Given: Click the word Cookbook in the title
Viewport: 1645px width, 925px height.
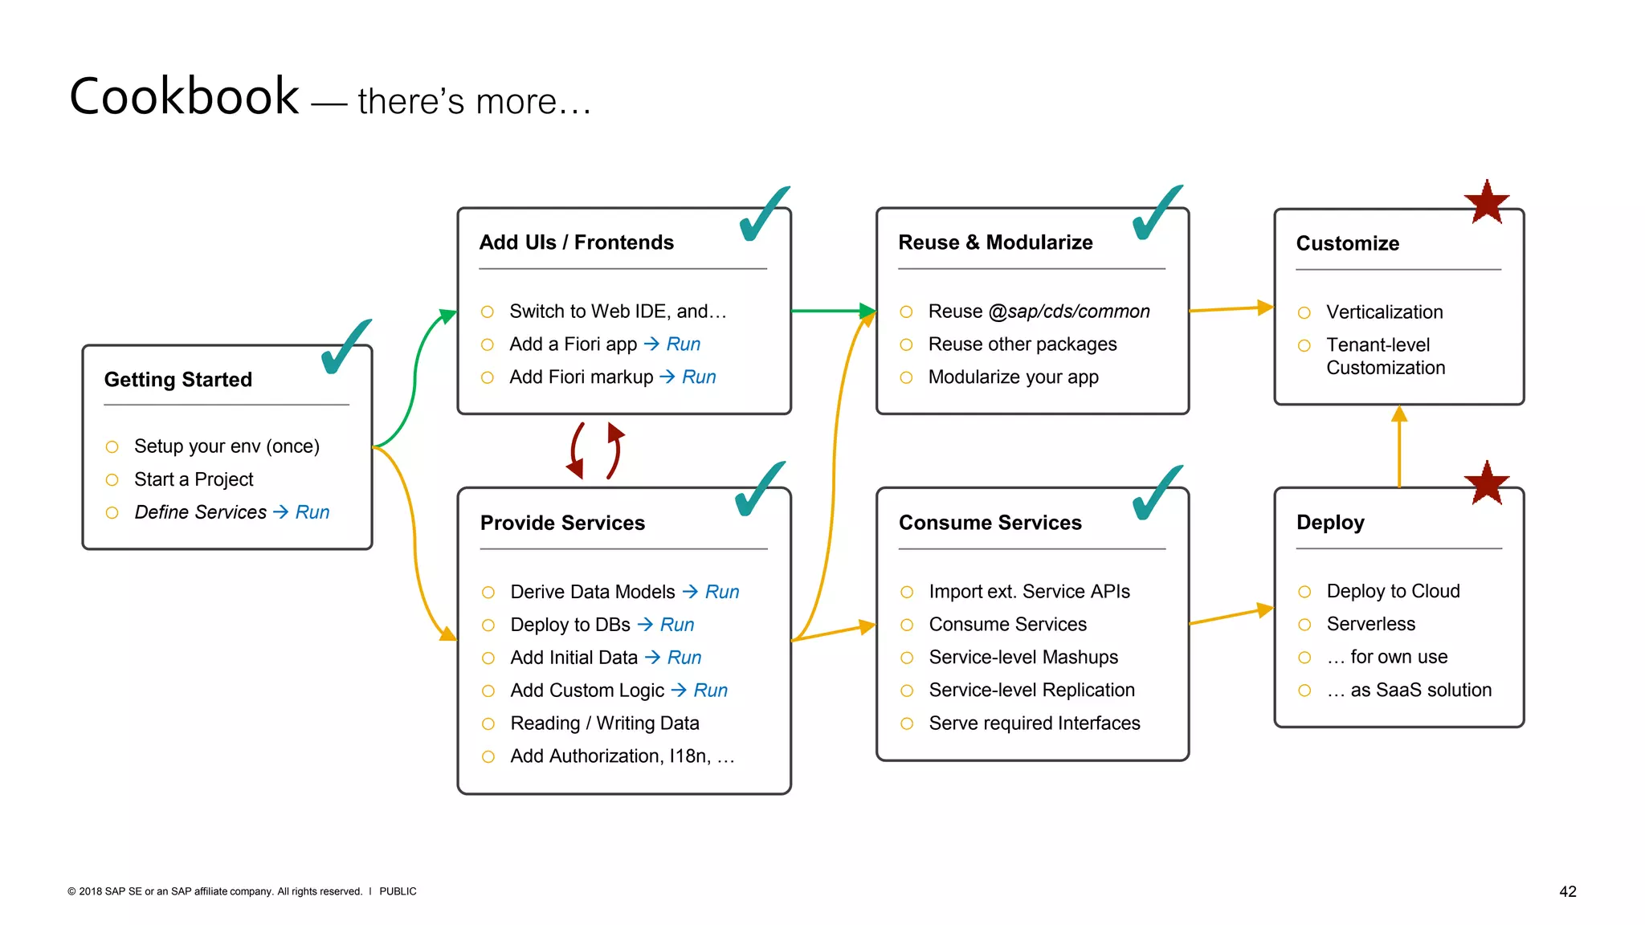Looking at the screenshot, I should (x=184, y=97).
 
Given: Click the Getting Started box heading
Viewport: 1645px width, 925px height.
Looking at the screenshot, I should (x=178, y=380).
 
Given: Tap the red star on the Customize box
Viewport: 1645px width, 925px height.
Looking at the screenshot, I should (x=1486, y=202).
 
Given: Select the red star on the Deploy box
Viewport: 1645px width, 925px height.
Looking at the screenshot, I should (x=1486, y=483).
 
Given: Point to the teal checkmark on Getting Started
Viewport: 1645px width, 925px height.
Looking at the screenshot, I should (x=345, y=348).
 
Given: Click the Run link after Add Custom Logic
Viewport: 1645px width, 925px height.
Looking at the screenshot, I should (x=710, y=691).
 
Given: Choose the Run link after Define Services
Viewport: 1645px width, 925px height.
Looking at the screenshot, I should (x=312, y=512).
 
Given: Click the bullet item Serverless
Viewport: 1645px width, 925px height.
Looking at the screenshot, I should (x=1370, y=624).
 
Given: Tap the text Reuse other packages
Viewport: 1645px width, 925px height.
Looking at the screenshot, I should (x=1022, y=344).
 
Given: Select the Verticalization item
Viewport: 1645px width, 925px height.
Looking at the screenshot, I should (x=1384, y=312).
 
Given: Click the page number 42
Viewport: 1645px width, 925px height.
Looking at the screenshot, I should (x=1567, y=891).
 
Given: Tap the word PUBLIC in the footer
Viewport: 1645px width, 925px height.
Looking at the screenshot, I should (x=398, y=891).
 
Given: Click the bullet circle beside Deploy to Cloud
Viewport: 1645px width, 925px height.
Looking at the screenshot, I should (x=1304, y=592).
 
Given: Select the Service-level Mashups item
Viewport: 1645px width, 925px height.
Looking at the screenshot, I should (x=1023, y=658).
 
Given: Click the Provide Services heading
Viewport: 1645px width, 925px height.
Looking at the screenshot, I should (x=562, y=524).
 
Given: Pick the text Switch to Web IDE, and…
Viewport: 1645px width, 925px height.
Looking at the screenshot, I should (x=617, y=312).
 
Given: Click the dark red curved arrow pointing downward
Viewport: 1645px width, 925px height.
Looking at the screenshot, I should (x=574, y=452).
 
